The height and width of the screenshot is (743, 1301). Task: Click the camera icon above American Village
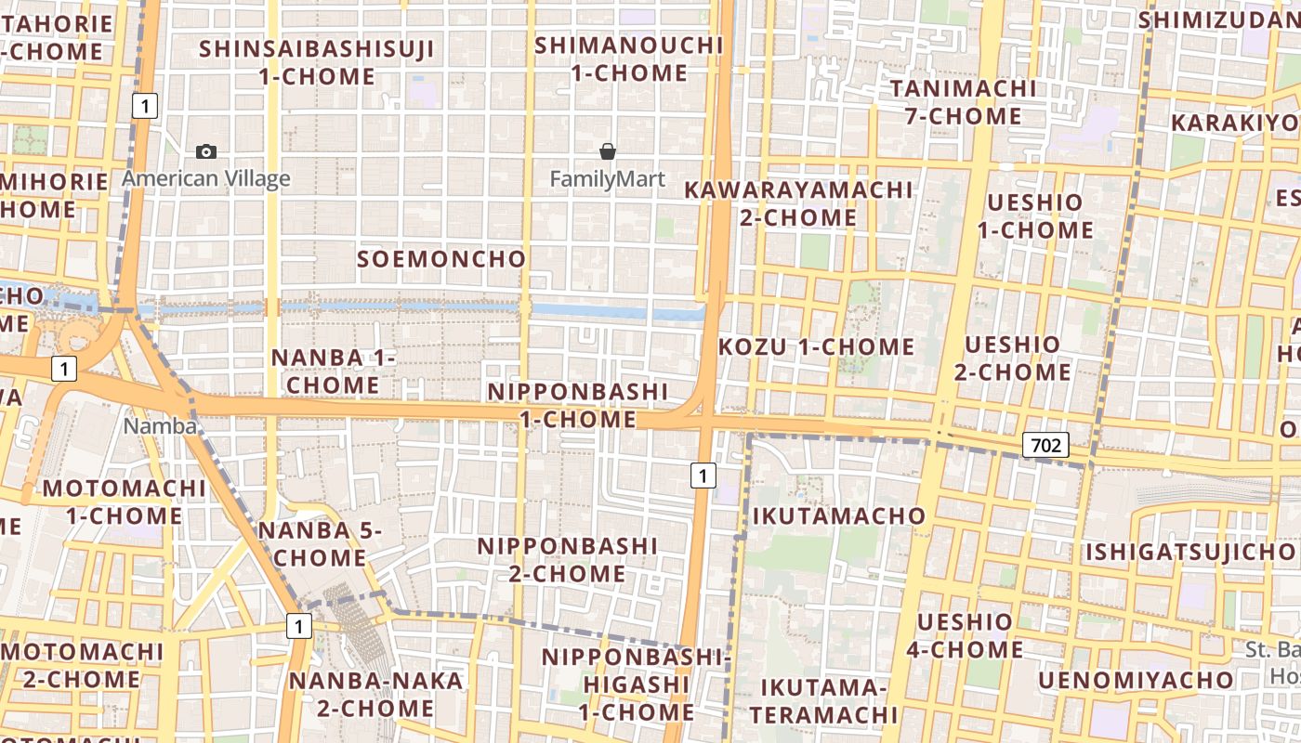point(206,151)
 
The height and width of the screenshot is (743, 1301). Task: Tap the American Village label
point(206,178)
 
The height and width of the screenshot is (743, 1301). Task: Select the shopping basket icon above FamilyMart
point(608,151)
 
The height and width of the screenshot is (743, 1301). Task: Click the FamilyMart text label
point(608,178)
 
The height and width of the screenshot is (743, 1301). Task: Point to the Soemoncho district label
point(441,259)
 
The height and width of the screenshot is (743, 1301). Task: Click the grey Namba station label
point(161,426)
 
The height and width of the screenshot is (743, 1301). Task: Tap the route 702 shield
point(1045,445)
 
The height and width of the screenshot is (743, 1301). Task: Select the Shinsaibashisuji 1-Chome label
point(317,62)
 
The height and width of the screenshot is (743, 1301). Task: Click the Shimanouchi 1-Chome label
point(629,59)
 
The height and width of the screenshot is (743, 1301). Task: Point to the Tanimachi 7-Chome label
point(963,102)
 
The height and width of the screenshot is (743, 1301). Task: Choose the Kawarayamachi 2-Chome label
point(799,203)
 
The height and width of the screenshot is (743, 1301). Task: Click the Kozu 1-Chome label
point(817,347)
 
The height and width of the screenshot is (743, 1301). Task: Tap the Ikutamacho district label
point(839,515)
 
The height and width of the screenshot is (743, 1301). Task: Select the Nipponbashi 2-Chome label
point(567,560)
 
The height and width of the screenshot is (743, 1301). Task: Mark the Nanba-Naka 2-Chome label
point(375,695)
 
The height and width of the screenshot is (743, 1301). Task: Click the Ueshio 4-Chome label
point(965,635)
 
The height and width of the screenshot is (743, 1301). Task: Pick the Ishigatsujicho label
point(1192,553)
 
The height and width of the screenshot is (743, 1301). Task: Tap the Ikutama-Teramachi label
point(824,701)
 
